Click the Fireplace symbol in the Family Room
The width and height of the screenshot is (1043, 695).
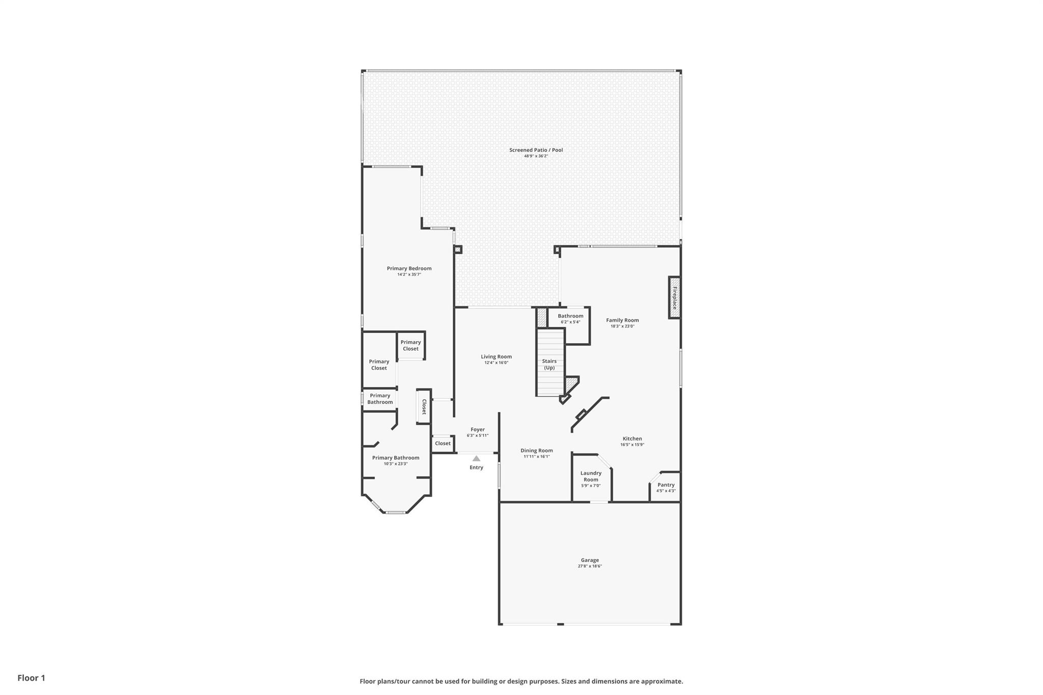(x=674, y=298)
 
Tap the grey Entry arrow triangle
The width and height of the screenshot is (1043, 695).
(x=476, y=458)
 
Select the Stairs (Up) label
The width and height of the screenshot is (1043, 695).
(x=549, y=364)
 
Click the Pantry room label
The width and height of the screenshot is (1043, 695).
(x=666, y=485)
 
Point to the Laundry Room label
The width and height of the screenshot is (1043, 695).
(x=591, y=476)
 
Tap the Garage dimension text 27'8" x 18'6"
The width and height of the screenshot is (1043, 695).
(x=590, y=566)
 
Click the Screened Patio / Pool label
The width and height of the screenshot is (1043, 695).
(x=536, y=150)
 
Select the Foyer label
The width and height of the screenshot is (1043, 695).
(x=478, y=429)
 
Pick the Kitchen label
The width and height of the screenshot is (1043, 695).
(x=632, y=438)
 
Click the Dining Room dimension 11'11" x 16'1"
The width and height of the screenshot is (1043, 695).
(x=537, y=457)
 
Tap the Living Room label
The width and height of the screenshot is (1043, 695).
(x=496, y=356)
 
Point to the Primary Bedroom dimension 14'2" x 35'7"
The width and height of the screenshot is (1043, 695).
(x=409, y=274)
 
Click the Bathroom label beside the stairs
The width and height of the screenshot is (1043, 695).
(x=570, y=316)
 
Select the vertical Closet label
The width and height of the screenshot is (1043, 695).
(x=424, y=407)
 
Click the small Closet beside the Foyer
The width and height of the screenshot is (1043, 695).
(x=443, y=443)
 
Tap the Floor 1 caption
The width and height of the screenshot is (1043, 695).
(x=31, y=678)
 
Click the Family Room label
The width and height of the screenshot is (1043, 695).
(x=622, y=320)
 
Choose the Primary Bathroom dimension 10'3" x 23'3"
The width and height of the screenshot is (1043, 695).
(x=396, y=464)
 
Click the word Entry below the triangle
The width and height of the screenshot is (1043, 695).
(x=476, y=467)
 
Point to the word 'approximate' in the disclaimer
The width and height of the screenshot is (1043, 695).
(x=661, y=681)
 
